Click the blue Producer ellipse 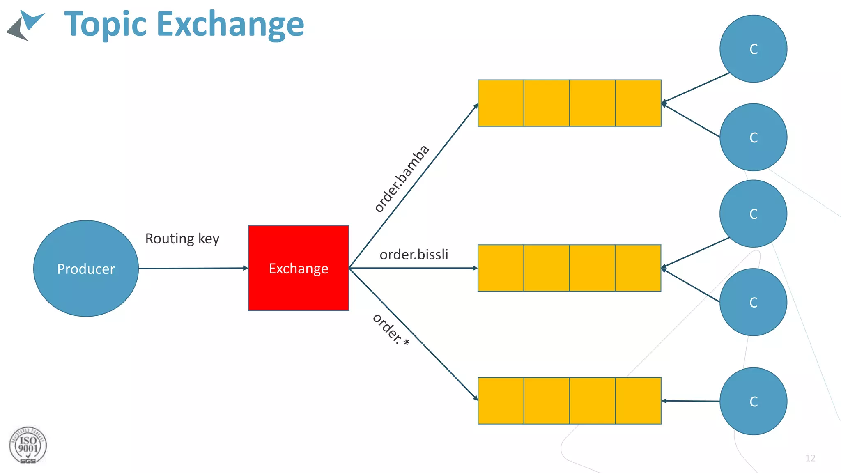[x=86, y=269]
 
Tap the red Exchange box [x=299, y=268]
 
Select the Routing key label [x=182, y=239]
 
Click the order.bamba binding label [x=402, y=179]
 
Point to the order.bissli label [x=414, y=255]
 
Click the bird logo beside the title [x=25, y=25]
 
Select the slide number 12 [x=810, y=458]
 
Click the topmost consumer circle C [x=753, y=49]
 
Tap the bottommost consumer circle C [x=753, y=401]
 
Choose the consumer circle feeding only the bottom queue [x=753, y=401]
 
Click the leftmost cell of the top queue [x=501, y=103]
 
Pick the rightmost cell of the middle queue [x=638, y=268]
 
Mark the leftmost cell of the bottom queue [x=501, y=401]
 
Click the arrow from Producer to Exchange [x=193, y=268]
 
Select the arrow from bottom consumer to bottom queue [x=691, y=401]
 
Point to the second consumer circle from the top [x=753, y=137]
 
